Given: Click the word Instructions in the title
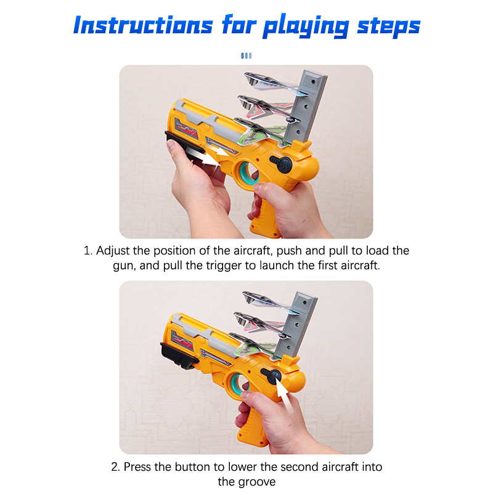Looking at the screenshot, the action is (144, 25).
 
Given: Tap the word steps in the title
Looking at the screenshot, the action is (389, 26).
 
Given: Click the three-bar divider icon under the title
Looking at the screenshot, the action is (246, 55).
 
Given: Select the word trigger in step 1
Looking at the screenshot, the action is (224, 266).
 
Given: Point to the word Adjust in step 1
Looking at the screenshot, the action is (113, 251).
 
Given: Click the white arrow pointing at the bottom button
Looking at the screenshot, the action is (285, 397).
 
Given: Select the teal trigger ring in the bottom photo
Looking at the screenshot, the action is (238, 385).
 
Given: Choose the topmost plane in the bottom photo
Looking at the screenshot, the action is (270, 303).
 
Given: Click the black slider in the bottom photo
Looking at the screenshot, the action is (179, 356).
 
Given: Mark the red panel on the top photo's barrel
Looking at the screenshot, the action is (187, 129).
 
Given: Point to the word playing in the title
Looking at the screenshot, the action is (306, 26).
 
